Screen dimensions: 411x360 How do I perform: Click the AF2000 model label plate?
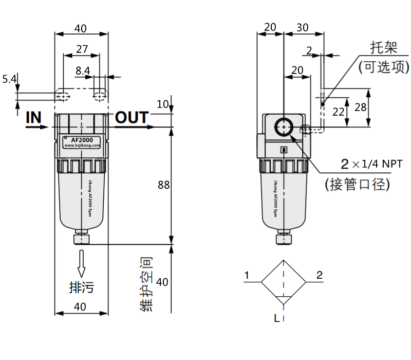click(x=82, y=142)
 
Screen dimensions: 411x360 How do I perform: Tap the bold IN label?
click(x=33, y=117)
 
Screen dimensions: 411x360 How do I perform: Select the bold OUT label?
click(x=132, y=117)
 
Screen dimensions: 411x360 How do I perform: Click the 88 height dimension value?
click(x=163, y=185)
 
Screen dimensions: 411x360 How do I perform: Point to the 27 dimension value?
click(x=82, y=49)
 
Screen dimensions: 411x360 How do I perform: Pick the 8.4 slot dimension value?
click(x=83, y=70)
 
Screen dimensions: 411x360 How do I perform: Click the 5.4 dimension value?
click(x=9, y=79)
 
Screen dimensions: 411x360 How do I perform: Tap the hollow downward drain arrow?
click(x=82, y=263)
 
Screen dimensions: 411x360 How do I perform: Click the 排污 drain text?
click(x=82, y=287)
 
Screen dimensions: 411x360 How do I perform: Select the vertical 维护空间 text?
click(x=146, y=284)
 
